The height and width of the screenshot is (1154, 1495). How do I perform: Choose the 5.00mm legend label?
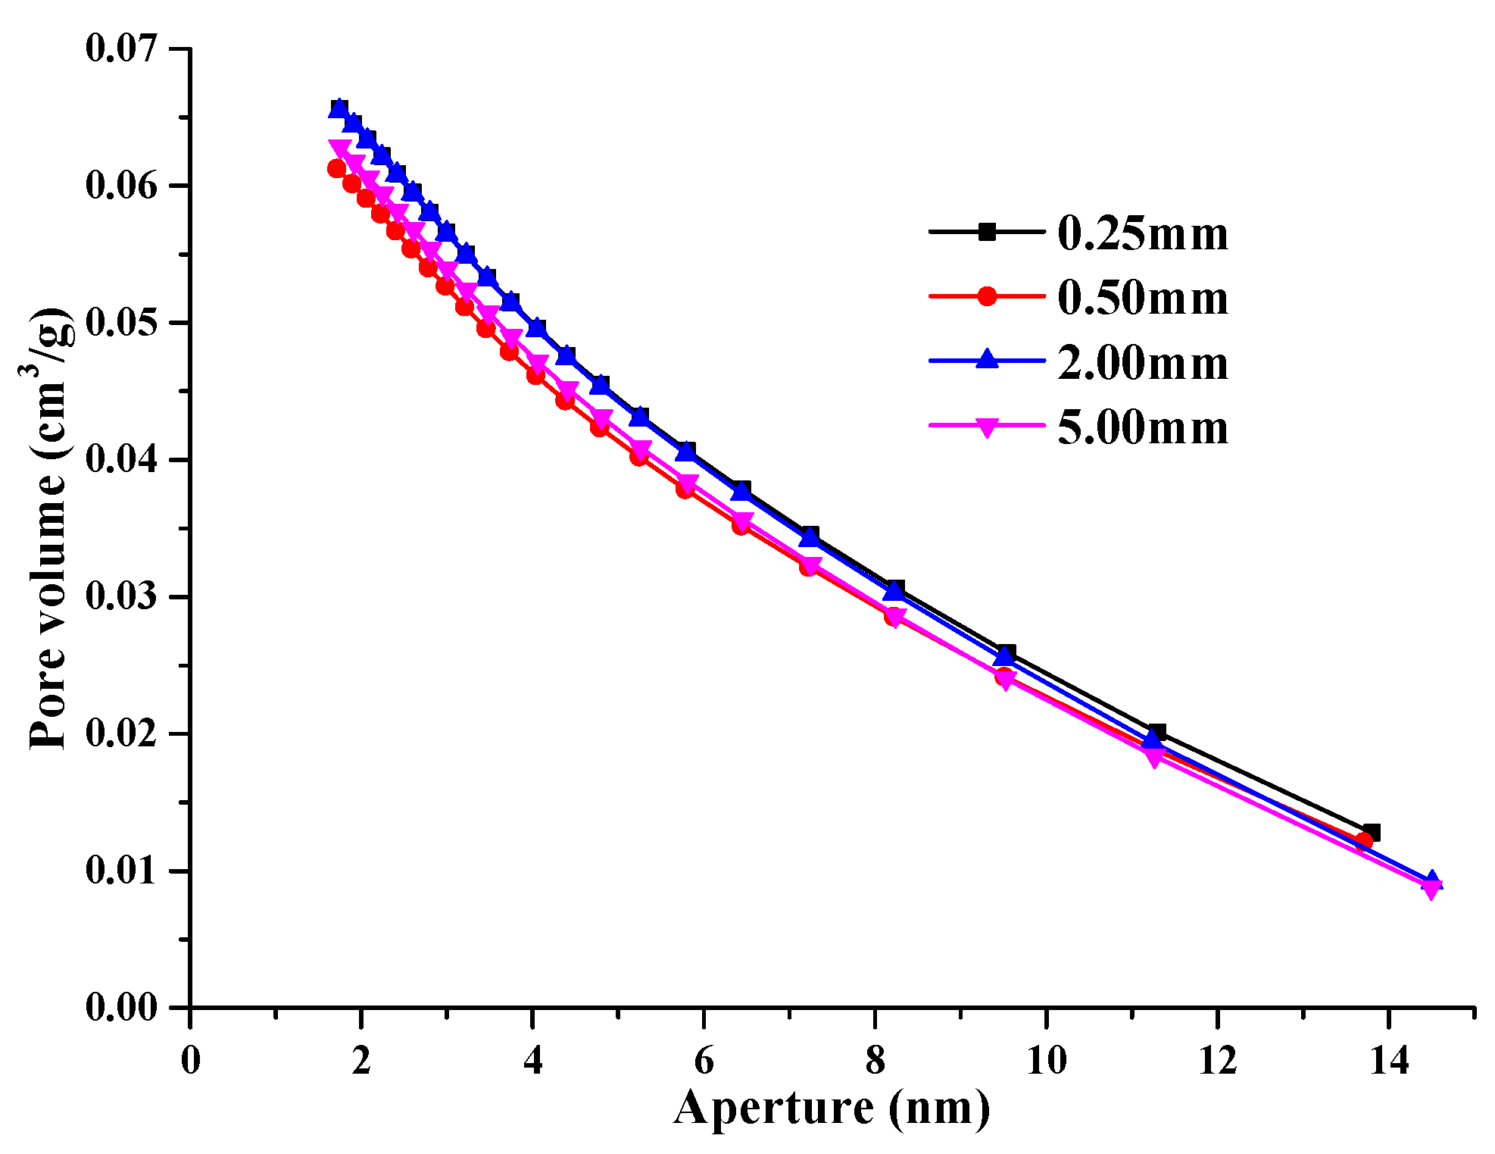[x=1142, y=427]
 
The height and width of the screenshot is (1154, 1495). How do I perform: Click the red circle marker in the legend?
[x=987, y=296]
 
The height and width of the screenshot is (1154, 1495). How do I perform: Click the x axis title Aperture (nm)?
[x=832, y=1109]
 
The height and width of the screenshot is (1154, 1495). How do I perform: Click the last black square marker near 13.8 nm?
[x=1372, y=833]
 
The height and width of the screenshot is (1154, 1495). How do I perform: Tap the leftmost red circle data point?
[x=337, y=168]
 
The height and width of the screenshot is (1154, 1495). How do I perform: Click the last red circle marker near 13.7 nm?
[x=1363, y=841]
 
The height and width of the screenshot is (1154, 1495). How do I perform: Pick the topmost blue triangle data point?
[x=339, y=108]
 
